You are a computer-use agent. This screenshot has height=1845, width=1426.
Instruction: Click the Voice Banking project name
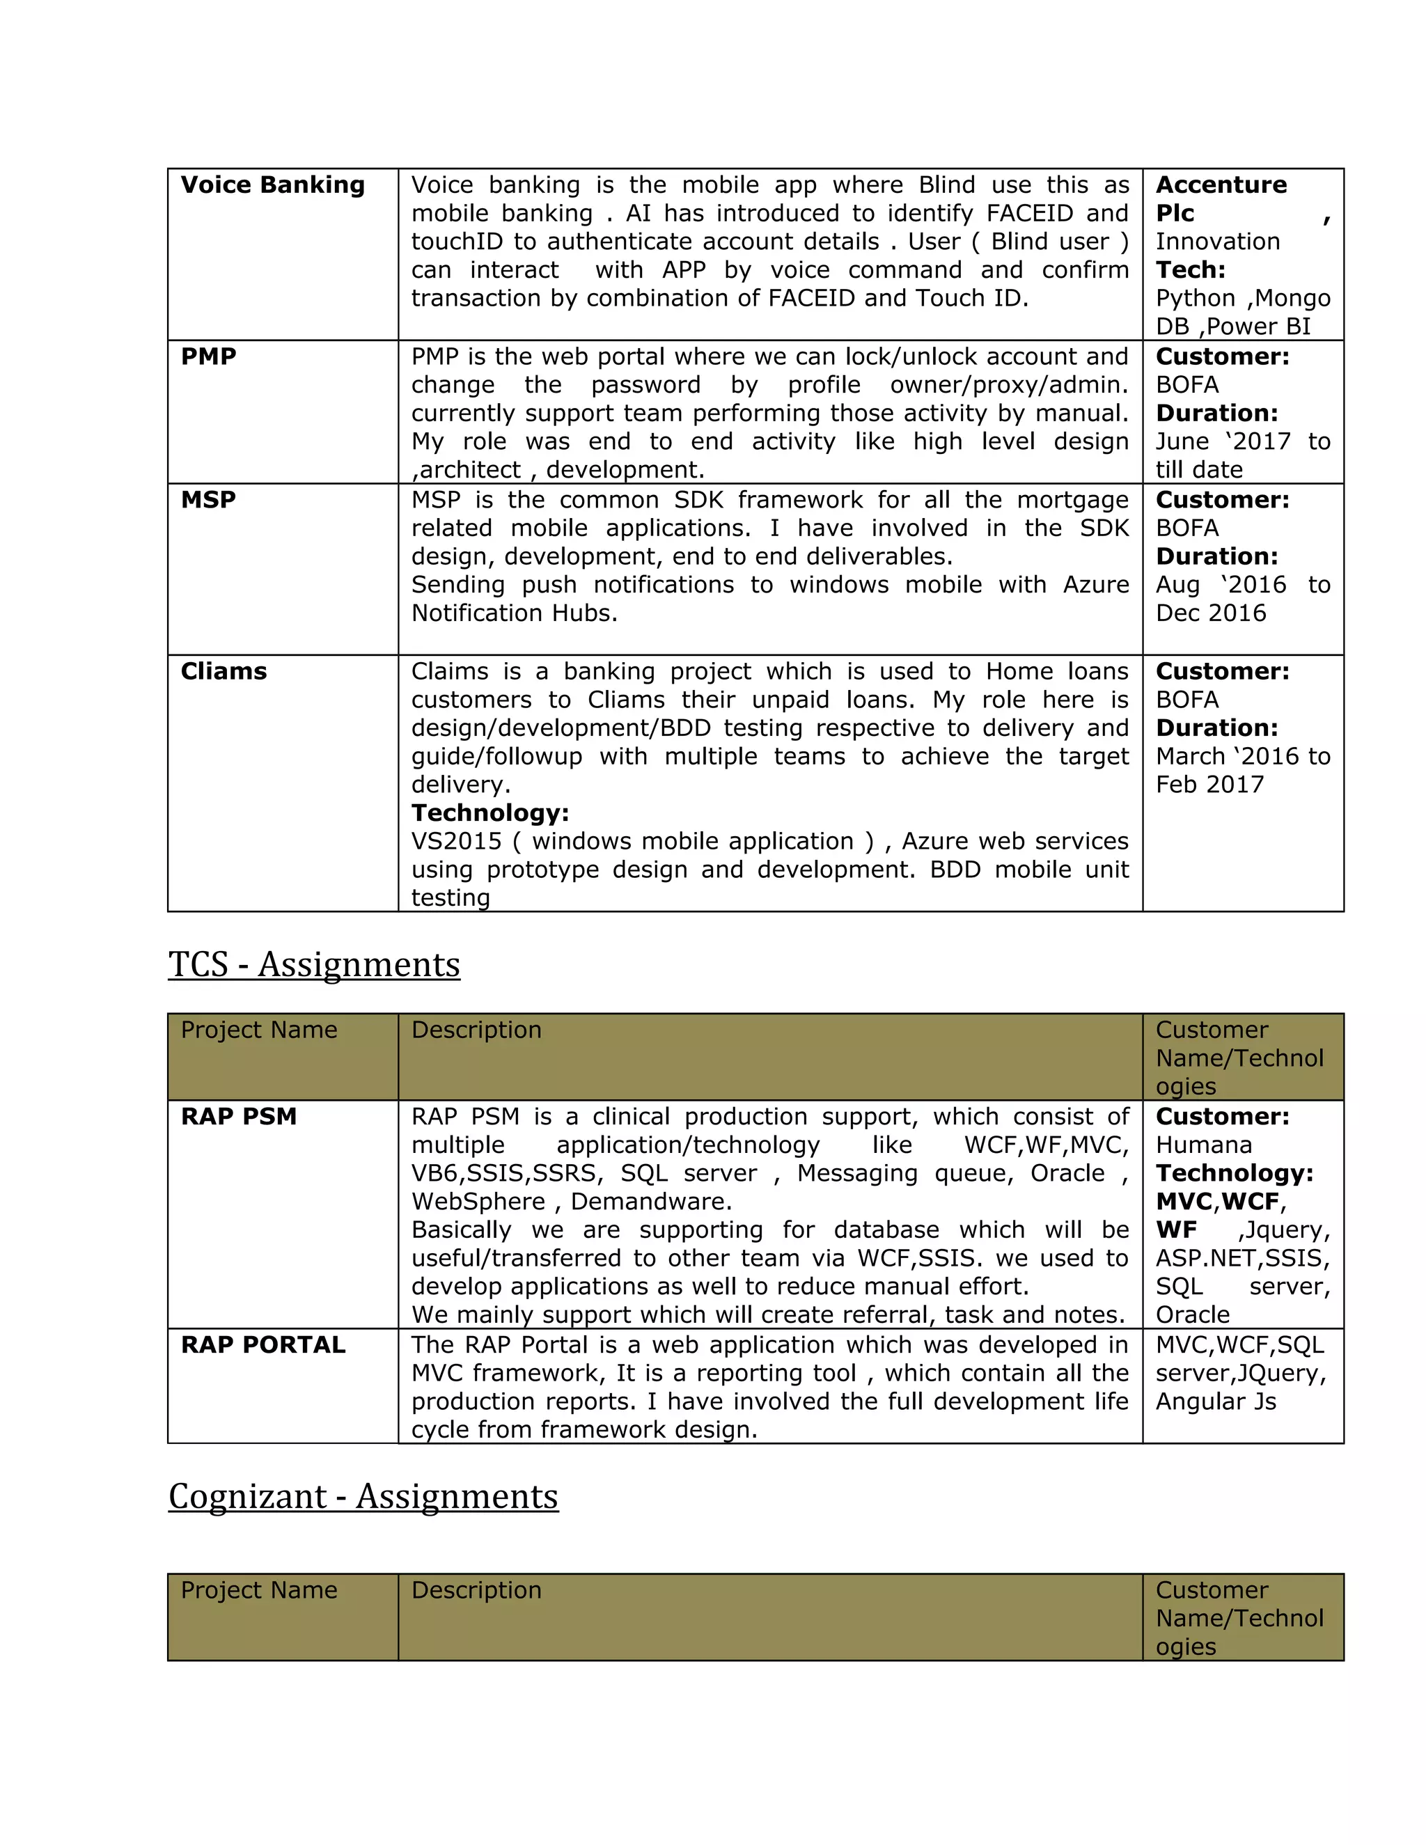point(272,185)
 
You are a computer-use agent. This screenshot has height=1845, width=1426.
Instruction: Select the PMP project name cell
point(209,356)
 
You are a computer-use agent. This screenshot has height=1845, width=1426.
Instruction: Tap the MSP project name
point(207,500)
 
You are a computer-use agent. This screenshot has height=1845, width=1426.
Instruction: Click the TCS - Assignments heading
point(313,965)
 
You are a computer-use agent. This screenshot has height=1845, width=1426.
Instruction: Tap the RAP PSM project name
point(238,1117)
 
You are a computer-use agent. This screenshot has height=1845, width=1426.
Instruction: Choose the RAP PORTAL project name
point(263,1345)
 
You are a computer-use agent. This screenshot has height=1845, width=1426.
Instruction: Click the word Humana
point(1203,1145)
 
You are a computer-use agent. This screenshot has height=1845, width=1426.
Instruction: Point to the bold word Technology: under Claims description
point(490,813)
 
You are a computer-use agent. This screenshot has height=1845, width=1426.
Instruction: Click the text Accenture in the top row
point(1221,185)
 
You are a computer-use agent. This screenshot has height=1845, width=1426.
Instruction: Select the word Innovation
point(1217,242)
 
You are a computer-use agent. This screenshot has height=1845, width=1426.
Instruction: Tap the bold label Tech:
point(1190,270)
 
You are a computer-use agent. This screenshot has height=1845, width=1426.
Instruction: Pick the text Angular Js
point(1215,1402)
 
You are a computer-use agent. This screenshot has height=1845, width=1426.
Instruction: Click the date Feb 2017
point(1209,785)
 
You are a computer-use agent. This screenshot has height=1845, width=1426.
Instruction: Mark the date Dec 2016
point(1211,613)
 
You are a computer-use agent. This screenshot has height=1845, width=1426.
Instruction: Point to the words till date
point(1199,470)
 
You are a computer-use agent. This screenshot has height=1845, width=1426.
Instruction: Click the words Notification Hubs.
point(514,613)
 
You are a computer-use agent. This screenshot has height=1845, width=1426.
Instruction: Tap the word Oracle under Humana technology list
point(1192,1315)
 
